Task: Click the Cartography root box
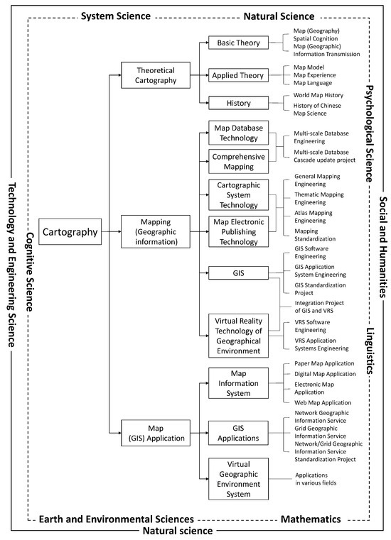click(x=70, y=231)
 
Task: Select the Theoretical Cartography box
click(x=157, y=73)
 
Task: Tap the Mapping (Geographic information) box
click(x=157, y=231)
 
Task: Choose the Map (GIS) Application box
click(x=157, y=432)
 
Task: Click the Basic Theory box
click(x=239, y=43)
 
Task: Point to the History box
click(x=239, y=103)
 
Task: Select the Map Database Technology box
click(x=239, y=133)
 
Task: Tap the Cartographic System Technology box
click(x=239, y=194)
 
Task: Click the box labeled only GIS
click(x=239, y=272)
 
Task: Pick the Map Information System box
click(x=239, y=384)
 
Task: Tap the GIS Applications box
click(x=239, y=432)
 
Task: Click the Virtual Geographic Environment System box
click(x=239, y=479)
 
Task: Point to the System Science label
click(x=116, y=15)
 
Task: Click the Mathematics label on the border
click(x=311, y=519)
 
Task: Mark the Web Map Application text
click(x=322, y=402)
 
